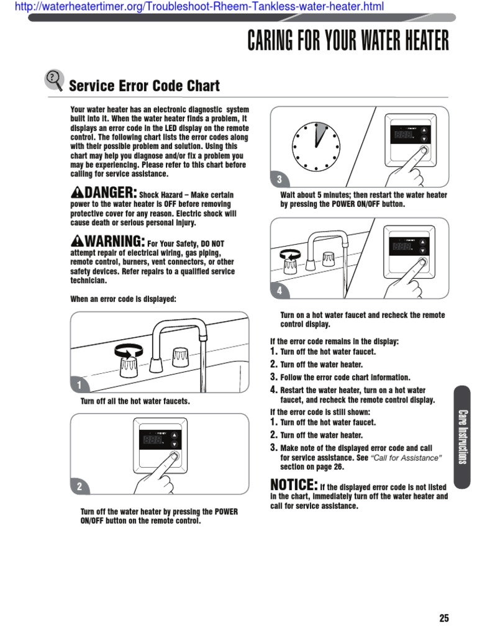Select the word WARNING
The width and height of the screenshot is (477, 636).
click(113, 241)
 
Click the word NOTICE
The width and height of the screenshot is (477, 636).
click(294, 484)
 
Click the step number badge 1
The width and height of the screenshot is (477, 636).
click(79, 386)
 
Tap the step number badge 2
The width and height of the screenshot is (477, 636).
click(79, 488)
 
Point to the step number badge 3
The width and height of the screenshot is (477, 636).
click(279, 180)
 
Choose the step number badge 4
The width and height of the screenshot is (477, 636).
click(279, 291)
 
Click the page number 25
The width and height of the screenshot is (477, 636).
click(443, 618)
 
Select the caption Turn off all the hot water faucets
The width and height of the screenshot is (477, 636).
click(135, 401)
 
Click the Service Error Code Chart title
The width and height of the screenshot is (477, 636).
click(144, 86)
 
